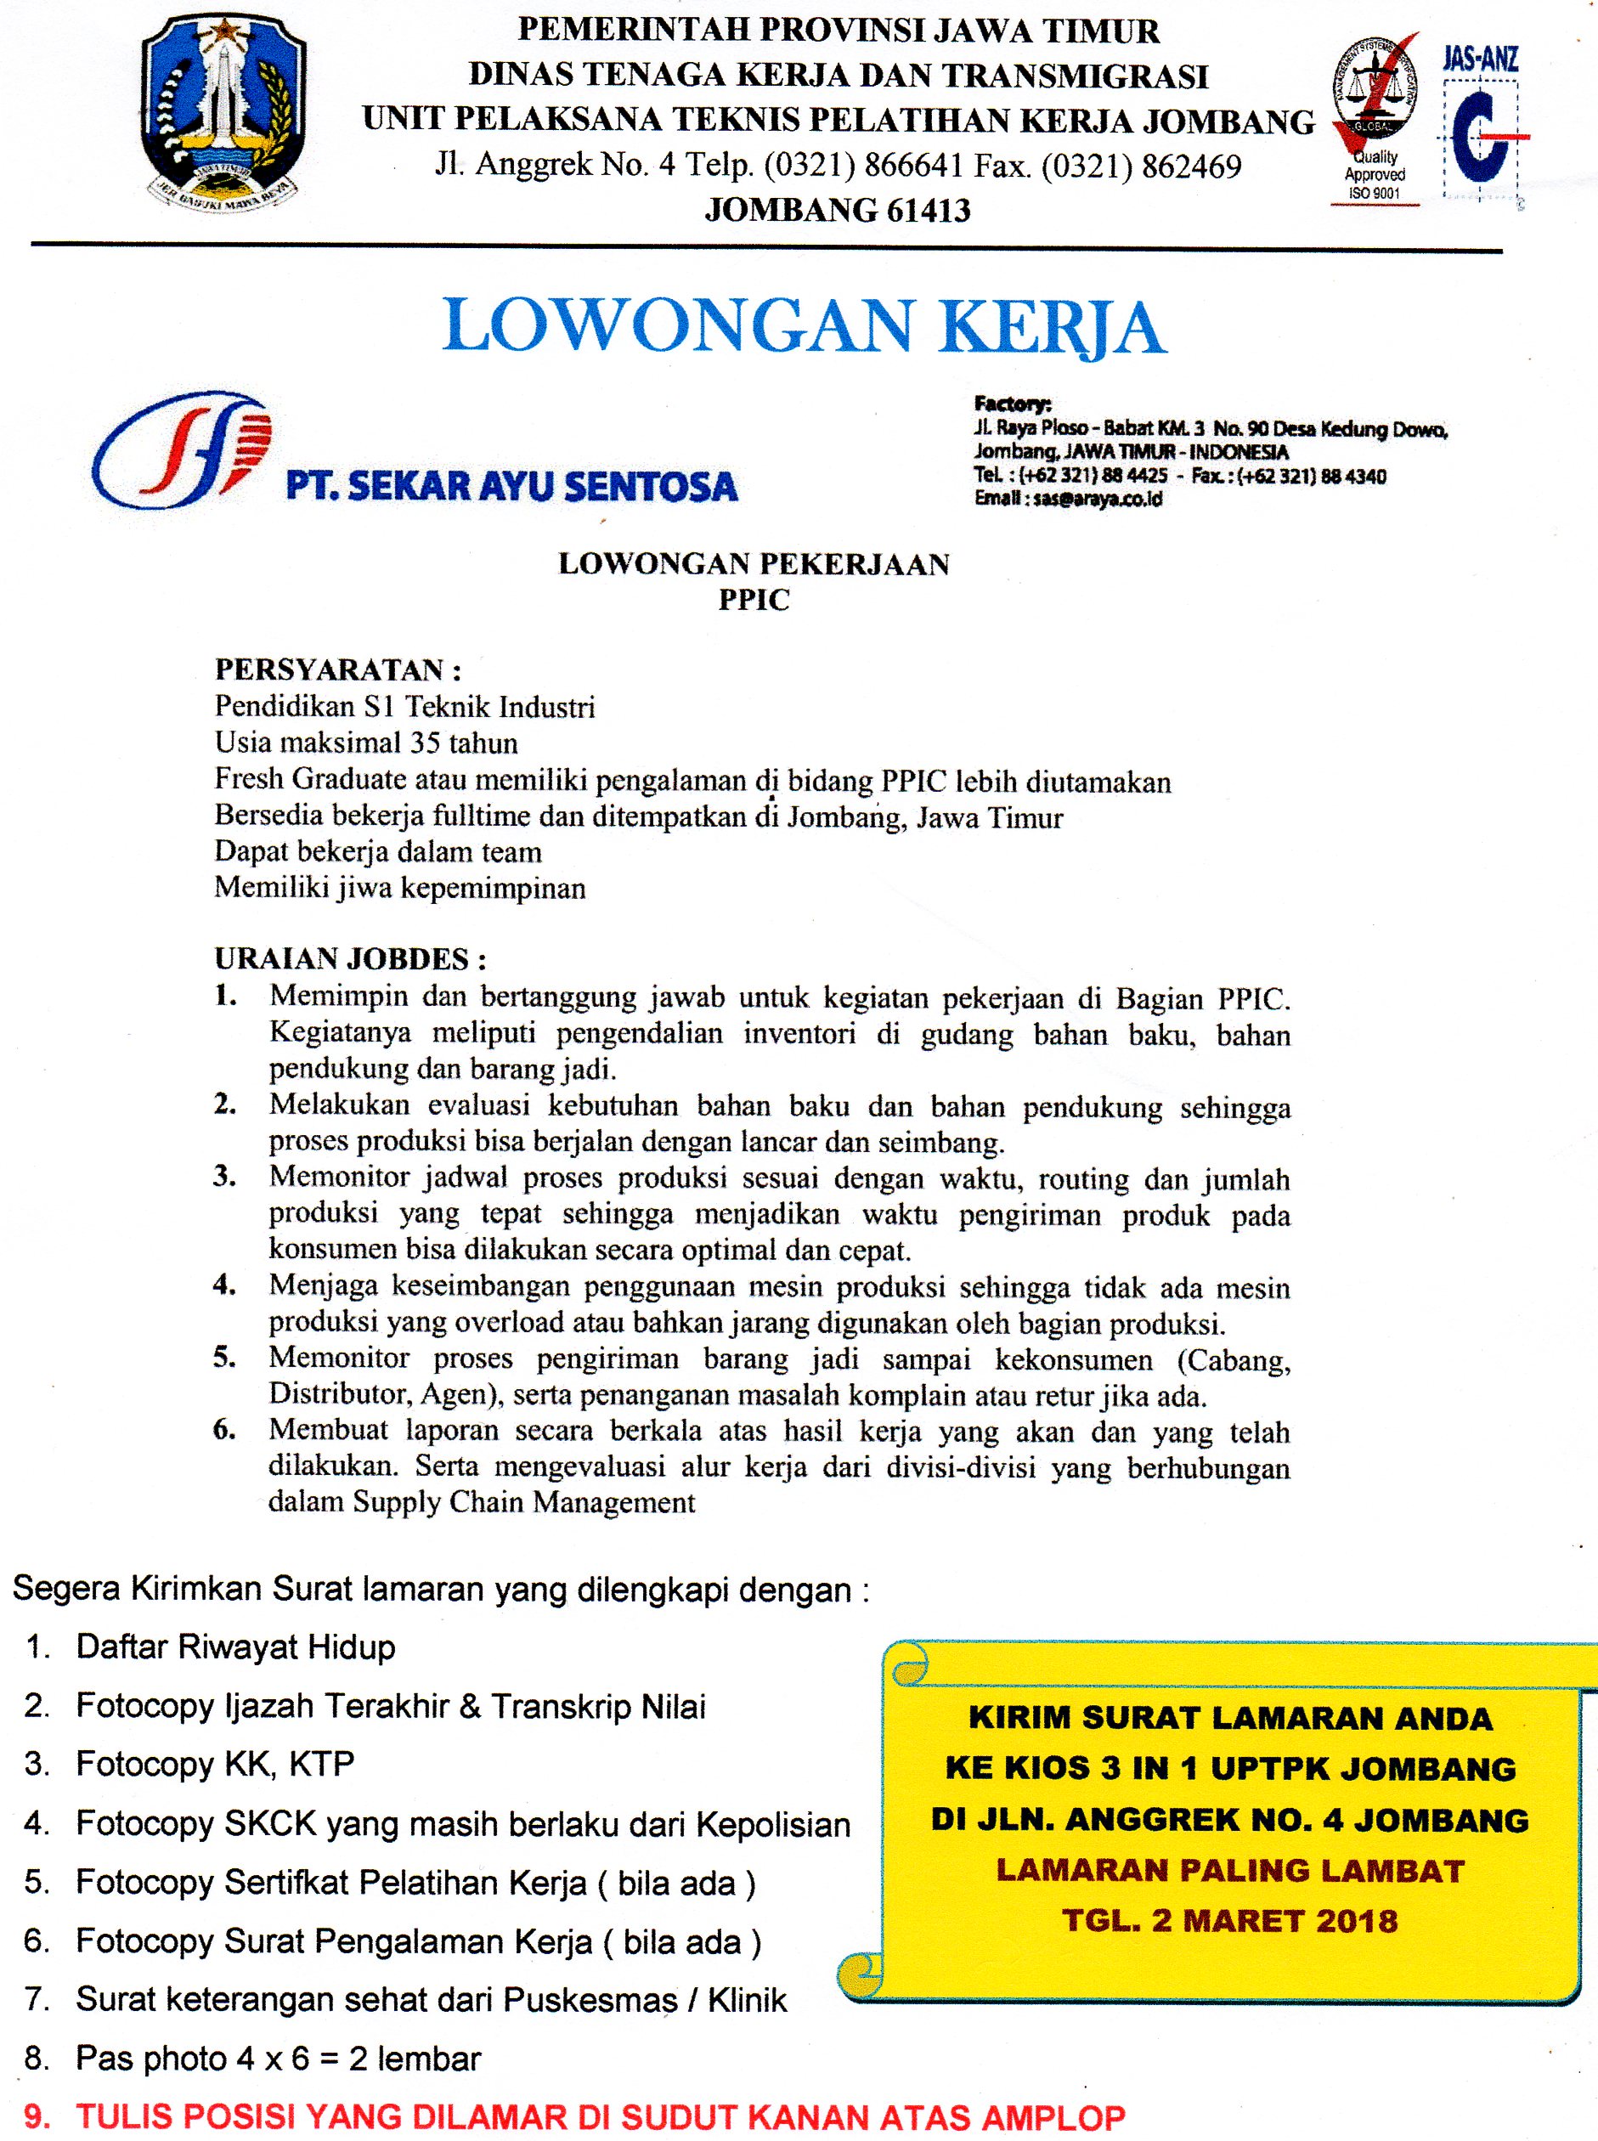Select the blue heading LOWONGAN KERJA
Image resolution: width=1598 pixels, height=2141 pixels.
(803, 326)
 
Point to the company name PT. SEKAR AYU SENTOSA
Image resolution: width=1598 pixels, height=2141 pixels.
(511, 486)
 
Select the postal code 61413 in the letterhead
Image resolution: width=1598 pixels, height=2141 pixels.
(916, 209)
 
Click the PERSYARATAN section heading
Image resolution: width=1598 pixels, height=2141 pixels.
(337, 669)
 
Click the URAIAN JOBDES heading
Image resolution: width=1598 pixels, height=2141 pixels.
(349, 958)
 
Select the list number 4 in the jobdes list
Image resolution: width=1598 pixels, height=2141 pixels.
(225, 1287)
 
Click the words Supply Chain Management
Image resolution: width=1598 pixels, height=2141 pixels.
(523, 1502)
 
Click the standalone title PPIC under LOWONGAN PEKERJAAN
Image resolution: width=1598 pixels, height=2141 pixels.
(754, 600)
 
